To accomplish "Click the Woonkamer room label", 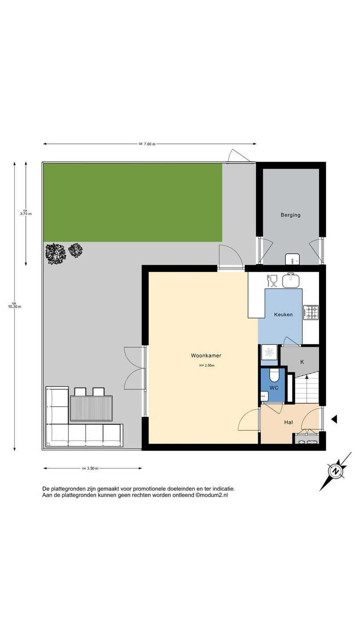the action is [x=206, y=356].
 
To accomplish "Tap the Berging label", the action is [x=291, y=215].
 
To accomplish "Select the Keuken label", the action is [x=284, y=315].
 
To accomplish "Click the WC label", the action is [x=274, y=388].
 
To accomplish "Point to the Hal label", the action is [x=288, y=422].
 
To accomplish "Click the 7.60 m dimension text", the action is [x=150, y=144].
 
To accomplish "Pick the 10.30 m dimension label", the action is [x=15, y=307].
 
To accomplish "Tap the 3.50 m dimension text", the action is [x=93, y=468].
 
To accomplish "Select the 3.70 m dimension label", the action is [x=26, y=214].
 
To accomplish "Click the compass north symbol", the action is [x=336, y=471].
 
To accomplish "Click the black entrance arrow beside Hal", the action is [x=334, y=419].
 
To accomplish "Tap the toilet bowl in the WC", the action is [x=274, y=376].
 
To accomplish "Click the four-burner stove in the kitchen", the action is [x=311, y=312].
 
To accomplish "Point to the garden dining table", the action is [x=91, y=408].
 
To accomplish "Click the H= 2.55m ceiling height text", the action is [x=207, y=365].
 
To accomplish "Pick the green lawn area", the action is [x=133, y=203].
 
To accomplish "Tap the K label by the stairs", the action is [x=302, y=362].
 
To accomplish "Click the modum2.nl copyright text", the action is [x=212, y=495].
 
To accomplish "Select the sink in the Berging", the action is [x=292, y=259].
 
